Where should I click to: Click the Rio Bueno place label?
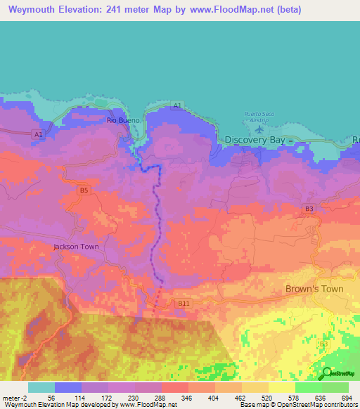(124, 120)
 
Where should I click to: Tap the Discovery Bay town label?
(255, 140)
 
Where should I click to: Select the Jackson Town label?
(76, 247)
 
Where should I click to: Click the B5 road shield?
(84, 190)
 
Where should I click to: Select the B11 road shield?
(184, 303)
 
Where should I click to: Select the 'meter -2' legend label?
(14, 398)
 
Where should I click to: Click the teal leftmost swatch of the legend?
(41, 387)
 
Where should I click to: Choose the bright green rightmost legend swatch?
(335, 387)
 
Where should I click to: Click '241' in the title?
(141, 10)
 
